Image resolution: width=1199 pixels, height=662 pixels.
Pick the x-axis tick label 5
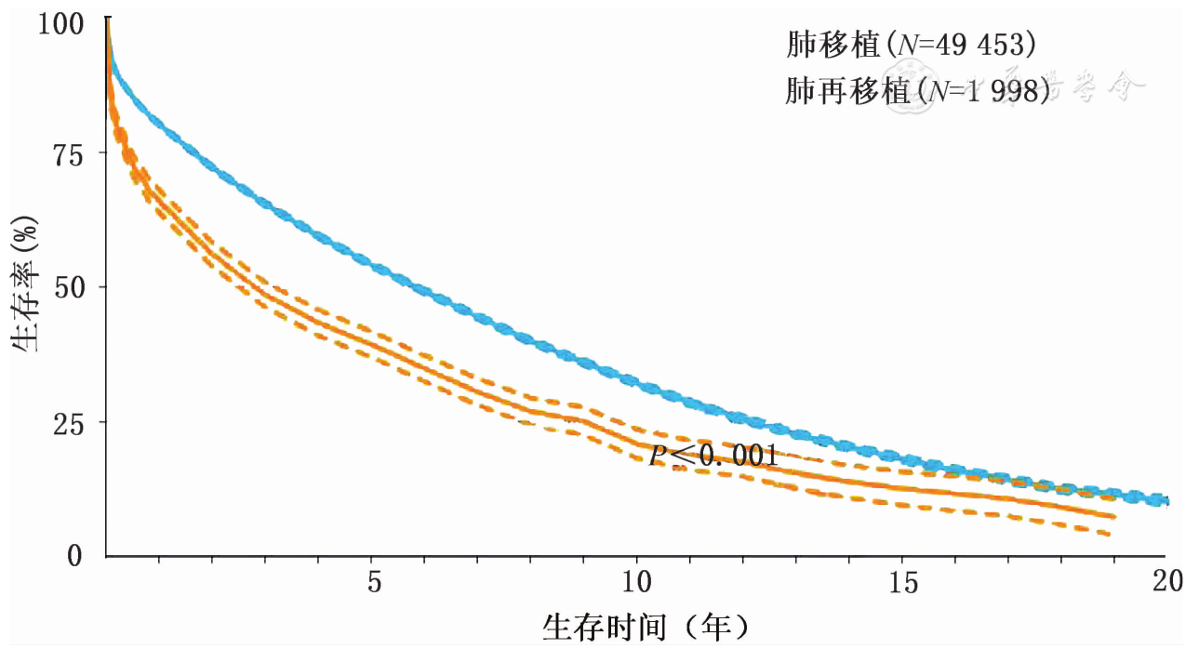click(373, 583)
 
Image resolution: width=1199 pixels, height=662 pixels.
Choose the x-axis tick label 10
click(637, 583)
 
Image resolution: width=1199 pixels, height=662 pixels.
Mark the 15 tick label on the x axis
click(901, 583)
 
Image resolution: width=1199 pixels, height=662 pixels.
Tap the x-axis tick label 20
click(1166, 583)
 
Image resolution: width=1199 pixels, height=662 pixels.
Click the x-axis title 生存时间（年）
click(646, 628)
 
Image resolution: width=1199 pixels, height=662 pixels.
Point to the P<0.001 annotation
click(713, 456)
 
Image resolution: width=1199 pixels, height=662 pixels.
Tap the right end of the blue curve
click(1166, 501)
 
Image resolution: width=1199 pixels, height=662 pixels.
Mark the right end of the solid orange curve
click(1112, 516)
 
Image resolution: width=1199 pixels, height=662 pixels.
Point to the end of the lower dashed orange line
click(1109, 534)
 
